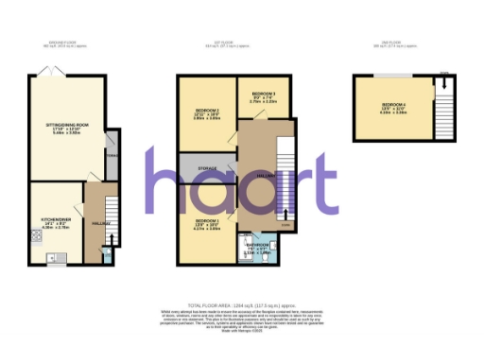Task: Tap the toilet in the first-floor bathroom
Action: coord(244,240)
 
